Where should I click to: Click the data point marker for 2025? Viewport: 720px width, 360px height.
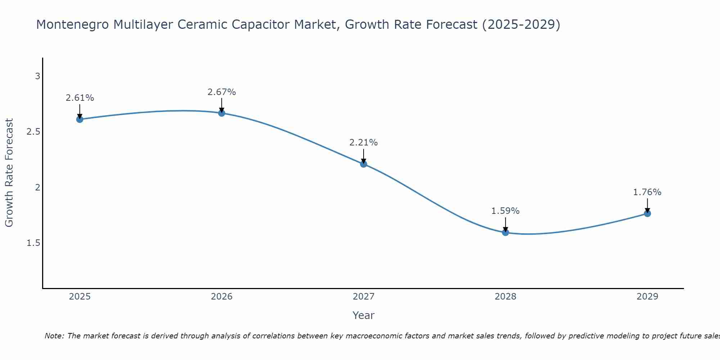(80, 119)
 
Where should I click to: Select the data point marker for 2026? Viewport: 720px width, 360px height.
(222, 113)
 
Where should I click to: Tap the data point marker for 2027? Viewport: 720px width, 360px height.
(364, 164)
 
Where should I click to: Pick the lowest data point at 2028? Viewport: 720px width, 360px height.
(505, 233)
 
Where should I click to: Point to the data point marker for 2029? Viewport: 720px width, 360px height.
(647, 213)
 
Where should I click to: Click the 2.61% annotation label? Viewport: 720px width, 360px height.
(80, 98)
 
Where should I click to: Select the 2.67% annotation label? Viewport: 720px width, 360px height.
(222, 92)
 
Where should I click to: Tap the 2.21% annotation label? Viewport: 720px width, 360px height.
(364, 143)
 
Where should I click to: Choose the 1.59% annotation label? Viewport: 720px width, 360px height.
(505, 211)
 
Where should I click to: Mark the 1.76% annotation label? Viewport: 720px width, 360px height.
(647, 192)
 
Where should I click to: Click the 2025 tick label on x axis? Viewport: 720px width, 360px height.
(80, 297)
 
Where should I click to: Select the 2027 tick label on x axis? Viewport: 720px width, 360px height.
(364, 297)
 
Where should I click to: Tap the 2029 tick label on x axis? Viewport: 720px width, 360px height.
(647, 297)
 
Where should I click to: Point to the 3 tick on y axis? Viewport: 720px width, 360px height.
(37, 76)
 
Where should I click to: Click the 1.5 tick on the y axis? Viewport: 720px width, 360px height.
(33, 243)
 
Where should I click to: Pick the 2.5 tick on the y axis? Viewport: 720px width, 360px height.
(33, 132)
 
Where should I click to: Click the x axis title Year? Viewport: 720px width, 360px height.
(364, 315)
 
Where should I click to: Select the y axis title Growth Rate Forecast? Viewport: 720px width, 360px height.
(9, 173)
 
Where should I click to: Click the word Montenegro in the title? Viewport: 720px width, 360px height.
(73, 25)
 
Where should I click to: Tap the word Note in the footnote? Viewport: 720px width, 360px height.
(54, 336)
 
